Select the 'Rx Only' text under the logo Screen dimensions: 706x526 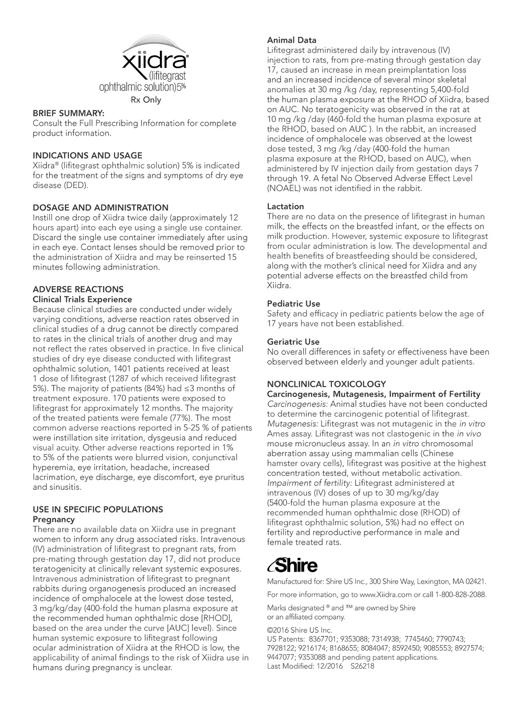pyautogui.click(x=146, y=100)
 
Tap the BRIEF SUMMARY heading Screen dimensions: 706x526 pyautogui.click(x=68, y=113)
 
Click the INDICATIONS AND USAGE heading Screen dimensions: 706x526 pyautogui.click(x=88, y=155)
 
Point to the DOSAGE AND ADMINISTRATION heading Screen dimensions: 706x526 pyautogui.click(x=100, y=207)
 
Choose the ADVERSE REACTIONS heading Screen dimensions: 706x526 pyautogui.click(x=78, y=289)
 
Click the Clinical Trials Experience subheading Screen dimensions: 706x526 pyautogui.click(x=82, y=299)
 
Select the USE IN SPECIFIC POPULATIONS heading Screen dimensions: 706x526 pyautogui.click(x=98, y=509)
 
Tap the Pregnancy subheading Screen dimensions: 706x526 pyautogui.click(x=54, y=520)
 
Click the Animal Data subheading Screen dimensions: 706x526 pyautogui.click(x=291, y=40)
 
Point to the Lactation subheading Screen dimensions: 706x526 pyautogui.click(x=285, y=207)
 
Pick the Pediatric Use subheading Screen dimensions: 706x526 pyautogui.click(x=294, y=304)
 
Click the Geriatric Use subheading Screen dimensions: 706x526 pyautogui.click(x=293, y=342)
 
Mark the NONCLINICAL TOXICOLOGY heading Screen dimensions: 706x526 pyautogui.click(x=327, y=384)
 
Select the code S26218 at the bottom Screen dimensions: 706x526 pyautogui.click(x=363, y=667)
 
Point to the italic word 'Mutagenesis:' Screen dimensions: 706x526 pyautogui.click(x=293, y=424)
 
